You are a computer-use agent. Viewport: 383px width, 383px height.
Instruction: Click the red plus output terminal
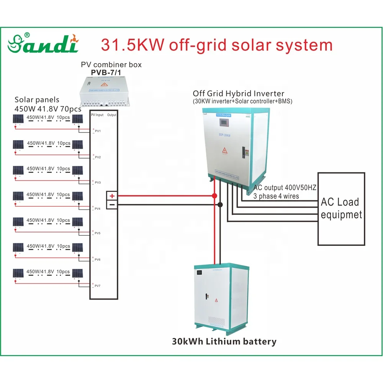coord(112,196)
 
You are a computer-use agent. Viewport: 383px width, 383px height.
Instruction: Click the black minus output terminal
coord(112,205)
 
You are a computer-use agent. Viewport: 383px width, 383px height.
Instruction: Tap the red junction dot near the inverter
coord(214,196)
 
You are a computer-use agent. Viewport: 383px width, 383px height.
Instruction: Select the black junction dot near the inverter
coord(220,205)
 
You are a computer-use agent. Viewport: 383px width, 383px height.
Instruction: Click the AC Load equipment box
coord(341,209)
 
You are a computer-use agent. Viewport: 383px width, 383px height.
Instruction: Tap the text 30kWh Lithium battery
coord(224,342)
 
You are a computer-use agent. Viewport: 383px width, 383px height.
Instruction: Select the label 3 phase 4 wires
coord(277,196)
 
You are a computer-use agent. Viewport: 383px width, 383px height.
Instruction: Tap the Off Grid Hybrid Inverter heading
coord(239,93)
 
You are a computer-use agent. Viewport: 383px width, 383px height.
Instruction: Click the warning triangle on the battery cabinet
coord(216,301)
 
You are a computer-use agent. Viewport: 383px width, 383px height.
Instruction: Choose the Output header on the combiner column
coord(112,115)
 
